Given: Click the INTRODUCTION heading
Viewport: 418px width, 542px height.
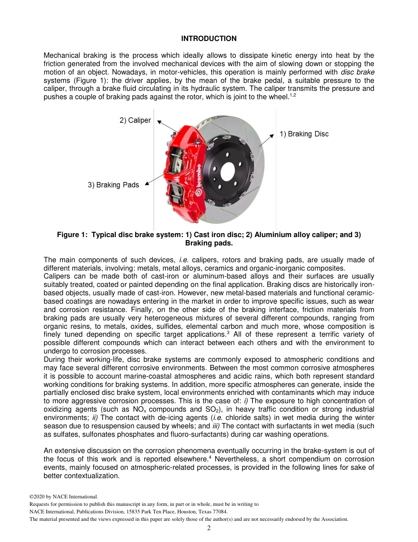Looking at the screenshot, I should [209, 39].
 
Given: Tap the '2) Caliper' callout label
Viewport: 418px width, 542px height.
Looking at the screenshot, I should [135, 120].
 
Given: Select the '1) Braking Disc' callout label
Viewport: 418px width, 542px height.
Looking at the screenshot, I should [304, 134].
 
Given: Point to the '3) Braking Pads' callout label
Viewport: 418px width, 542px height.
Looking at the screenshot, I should [113, 185].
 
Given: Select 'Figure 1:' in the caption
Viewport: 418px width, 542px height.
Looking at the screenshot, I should [72, 235].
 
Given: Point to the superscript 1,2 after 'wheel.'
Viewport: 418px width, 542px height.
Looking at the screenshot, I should [293, 95].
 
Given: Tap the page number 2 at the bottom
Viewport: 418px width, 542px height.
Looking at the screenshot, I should [209, 528].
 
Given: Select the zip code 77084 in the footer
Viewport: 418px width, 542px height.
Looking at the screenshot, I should [220, 512].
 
